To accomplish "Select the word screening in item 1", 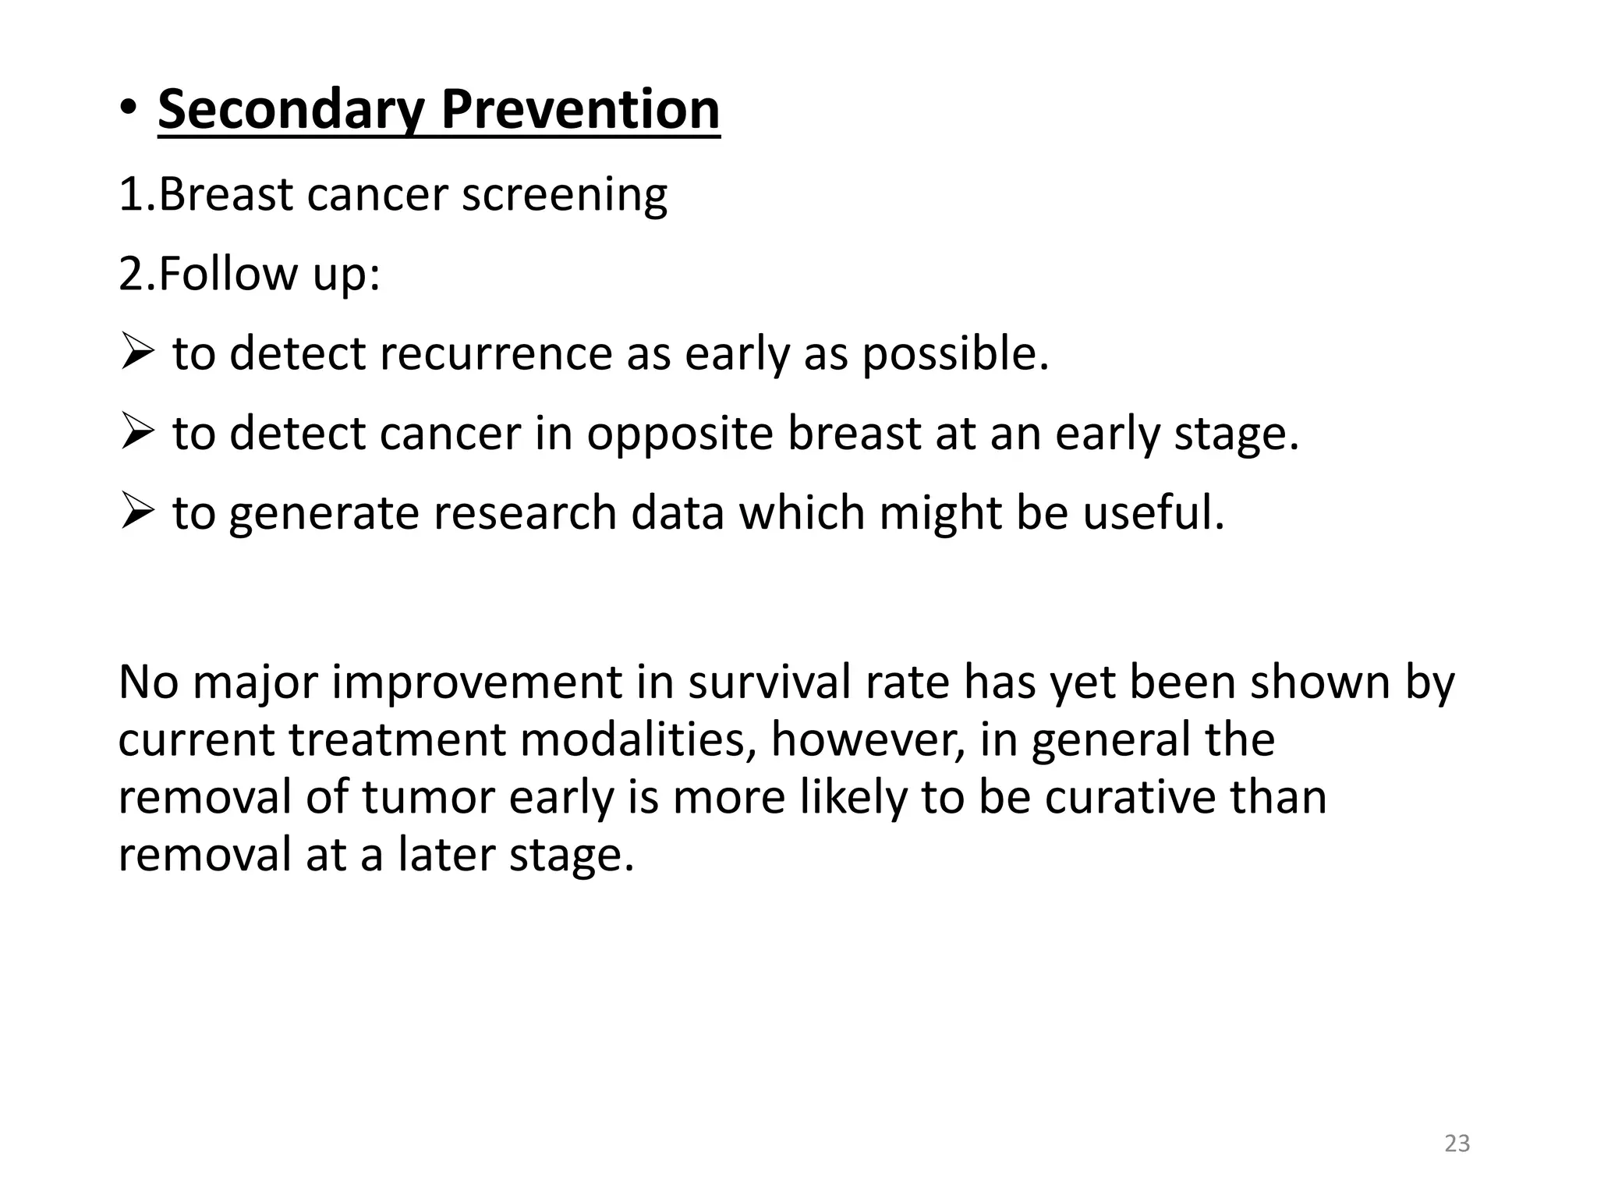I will pos(565,195).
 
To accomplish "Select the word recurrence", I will pos(496,353).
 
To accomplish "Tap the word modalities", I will pos(639,739).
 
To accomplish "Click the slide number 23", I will pos(1457,1143).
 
